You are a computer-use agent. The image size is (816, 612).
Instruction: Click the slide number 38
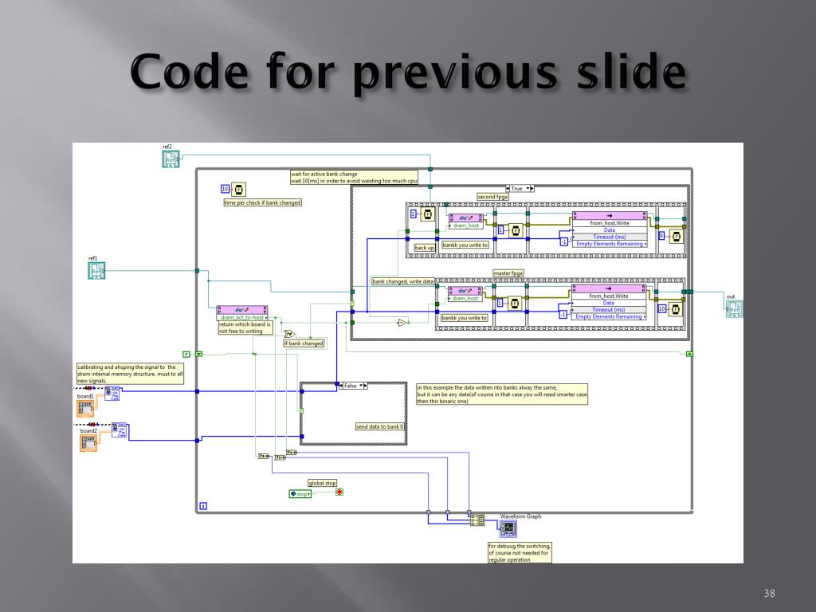769,593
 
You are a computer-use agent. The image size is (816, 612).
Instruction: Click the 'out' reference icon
734,308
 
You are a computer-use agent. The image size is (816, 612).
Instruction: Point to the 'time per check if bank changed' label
262,202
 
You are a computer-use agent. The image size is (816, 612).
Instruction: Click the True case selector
520,189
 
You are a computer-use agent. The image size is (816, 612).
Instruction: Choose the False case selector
353,386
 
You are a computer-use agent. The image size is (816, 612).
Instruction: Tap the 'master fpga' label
508,273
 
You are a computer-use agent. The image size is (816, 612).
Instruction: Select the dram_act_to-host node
242,313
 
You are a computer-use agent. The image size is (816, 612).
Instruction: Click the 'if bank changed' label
304,343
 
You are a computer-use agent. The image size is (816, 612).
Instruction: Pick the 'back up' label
425,248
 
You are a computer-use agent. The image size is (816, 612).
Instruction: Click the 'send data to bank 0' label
380,427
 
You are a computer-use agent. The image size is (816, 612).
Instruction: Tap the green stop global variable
300,494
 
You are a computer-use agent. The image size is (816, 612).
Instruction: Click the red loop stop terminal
339,492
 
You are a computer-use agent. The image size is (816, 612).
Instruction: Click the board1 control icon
85,408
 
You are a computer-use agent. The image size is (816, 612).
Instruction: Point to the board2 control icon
88,441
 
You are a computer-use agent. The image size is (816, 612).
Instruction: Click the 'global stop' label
323,483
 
